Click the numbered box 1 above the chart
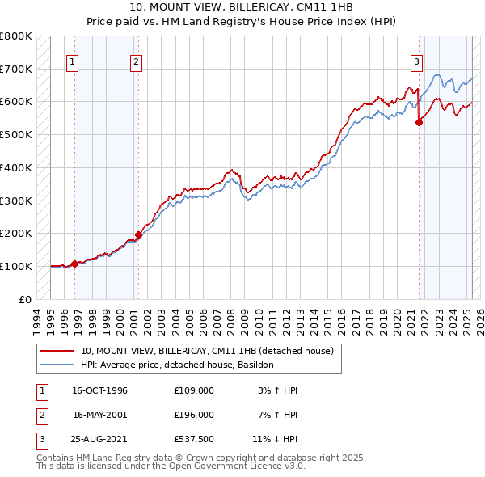tap(73, 61)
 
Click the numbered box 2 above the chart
tap(136, 61)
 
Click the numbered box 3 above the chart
tap(416, 61)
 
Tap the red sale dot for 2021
tap(420, 122)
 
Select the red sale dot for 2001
tap(138, 234)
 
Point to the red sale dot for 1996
tap(75, 263)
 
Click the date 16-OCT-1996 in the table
tap(100, 390)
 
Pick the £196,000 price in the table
tap(194, 415)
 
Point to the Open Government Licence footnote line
tap(171, 466)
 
